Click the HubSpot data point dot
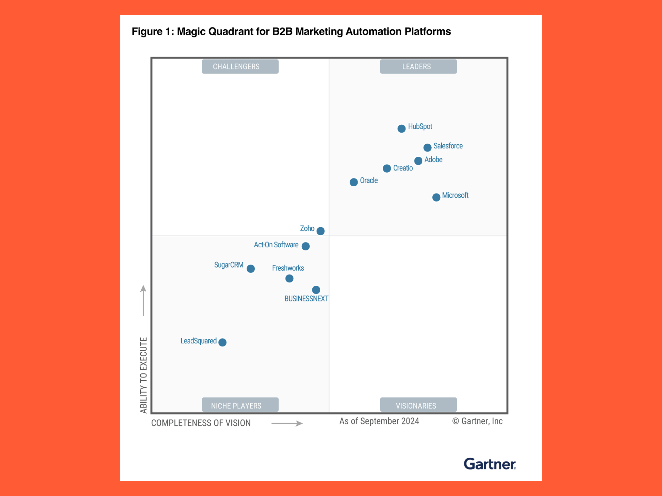click(401, 128)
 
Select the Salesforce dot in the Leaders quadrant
click(427, 147)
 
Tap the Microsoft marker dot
click(436, 197)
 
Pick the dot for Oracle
click(353, 182)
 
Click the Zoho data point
click(320, 231)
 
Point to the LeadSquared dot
click(222, 342)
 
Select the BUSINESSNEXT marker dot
click(316, 290)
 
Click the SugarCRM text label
click(229, 265)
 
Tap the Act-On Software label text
click(276, 245)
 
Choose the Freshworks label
click(288, 268)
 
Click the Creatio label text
click(403, 168)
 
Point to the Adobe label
click(433, 159)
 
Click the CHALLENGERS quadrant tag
click(240, 66)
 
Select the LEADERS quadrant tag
click(418, 66)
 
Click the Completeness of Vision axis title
click(201, 423)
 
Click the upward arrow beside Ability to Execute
click(143, 300)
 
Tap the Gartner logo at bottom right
click(490, 464)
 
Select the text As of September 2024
click(379, 421)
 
